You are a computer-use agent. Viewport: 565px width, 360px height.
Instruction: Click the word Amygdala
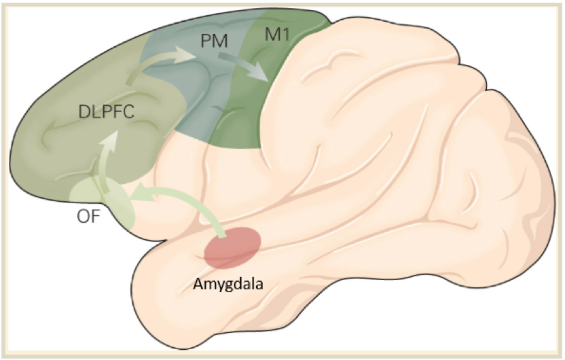(x=227, y=285)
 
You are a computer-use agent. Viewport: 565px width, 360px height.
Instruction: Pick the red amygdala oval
(x=232, y=248)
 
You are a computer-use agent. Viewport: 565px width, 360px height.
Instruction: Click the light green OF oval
(x=102, y=200)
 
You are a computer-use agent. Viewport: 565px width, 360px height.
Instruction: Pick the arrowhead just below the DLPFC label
(x=110, y=136)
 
